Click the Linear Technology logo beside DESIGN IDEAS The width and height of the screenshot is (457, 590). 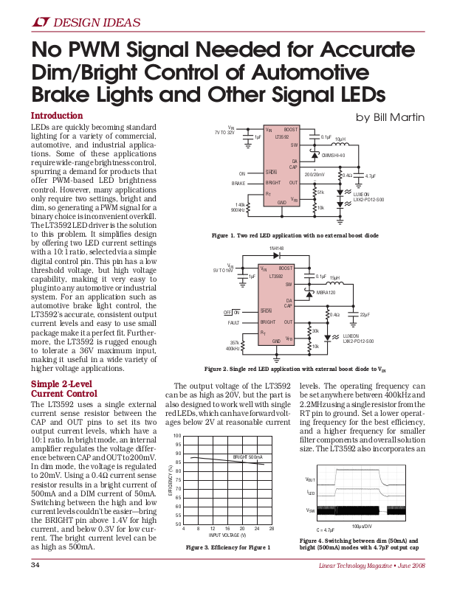click(41, 23)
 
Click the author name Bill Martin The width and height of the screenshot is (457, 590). click(392, 117)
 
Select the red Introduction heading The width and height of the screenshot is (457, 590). click(56, 116)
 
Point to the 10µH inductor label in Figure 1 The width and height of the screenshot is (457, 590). click(340, 139)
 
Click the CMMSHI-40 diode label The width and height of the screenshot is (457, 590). click(334, 155)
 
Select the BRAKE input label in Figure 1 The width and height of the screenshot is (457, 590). click(238, 182)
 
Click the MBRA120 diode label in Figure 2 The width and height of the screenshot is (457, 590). click(326, 293)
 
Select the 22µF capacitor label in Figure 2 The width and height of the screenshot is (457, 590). click(364, 315)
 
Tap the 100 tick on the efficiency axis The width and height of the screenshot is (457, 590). click(177, 436)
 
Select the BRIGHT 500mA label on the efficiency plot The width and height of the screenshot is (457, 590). click(248, 458)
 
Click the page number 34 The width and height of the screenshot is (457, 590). click(35, 565)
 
